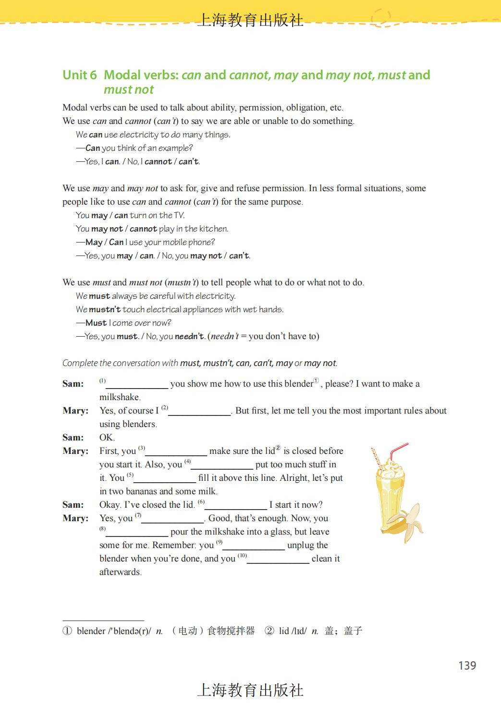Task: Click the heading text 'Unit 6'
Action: pos(80,75)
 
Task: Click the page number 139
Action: pos(467,665)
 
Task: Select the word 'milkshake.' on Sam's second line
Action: pos(120,397)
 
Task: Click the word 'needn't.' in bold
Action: pos(190,336)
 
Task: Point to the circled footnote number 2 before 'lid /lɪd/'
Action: pos(269,631)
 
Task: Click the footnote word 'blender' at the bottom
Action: pos(91,631)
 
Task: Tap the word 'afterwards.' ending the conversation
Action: pos(121,572)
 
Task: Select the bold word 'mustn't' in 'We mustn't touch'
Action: pos(105,309)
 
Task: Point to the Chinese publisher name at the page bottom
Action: pos(250,690)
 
